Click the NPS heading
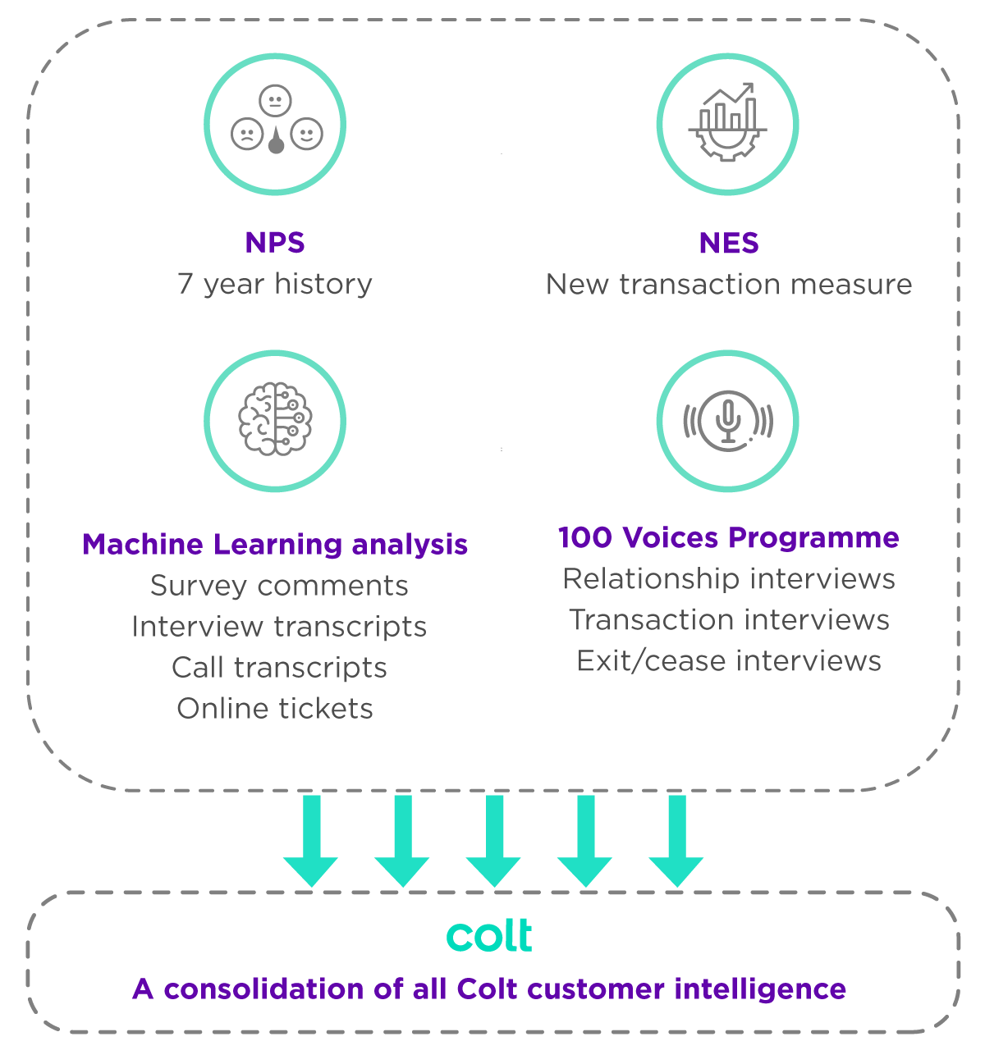(275, 243)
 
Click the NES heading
(729, 243)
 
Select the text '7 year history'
(275, 284)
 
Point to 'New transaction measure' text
(729, 284)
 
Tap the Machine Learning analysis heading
(275, 544)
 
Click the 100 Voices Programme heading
(729, 537)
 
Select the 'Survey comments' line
(279, 586)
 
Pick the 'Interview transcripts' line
(279, 627)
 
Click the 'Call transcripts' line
(279, 668)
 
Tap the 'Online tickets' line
(275, 709)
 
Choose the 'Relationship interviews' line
(729, 579)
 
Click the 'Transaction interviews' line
(729, 620)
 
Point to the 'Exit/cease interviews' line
(729, 661)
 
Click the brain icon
(275, 419)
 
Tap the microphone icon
(728, 420)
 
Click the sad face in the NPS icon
(247, 134)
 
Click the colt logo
(490, 936)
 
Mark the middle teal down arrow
(493, 840)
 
